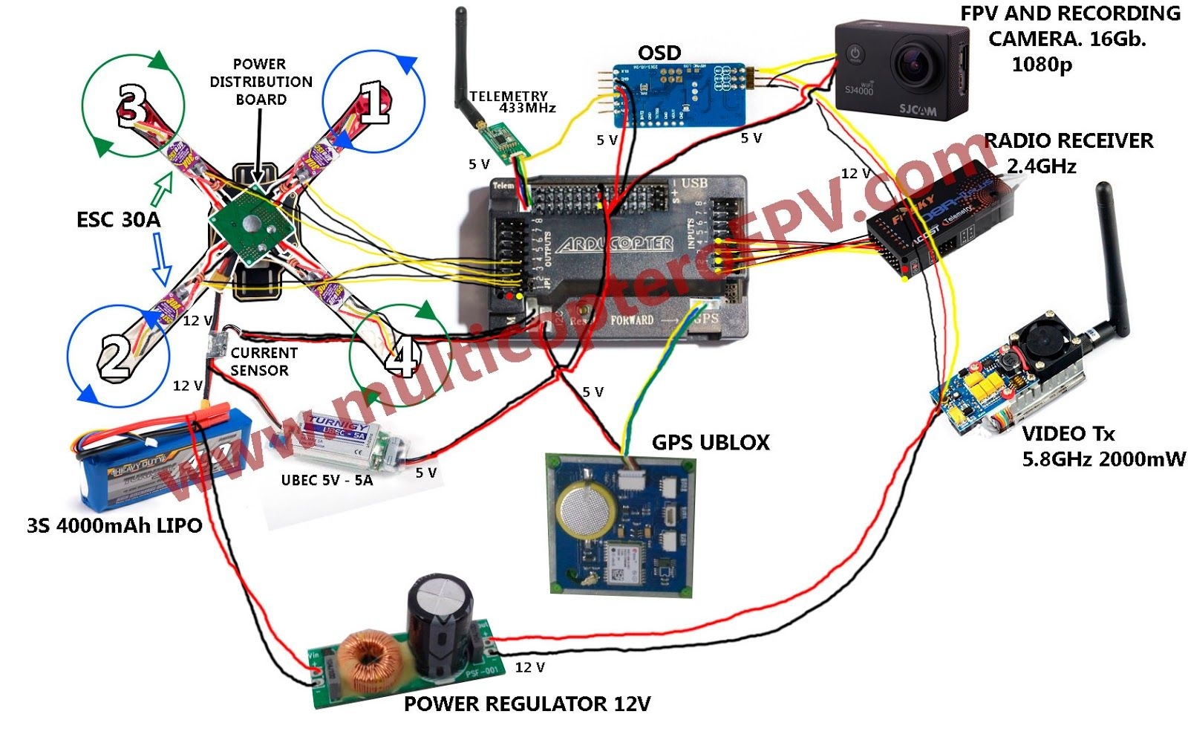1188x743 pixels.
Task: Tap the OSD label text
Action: point(659,53)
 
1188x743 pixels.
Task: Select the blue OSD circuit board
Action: point(679,95)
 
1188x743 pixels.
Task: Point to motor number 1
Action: point(373,102)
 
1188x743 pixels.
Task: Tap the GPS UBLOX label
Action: point(711,443)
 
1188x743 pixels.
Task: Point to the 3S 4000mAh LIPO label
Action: point(114,526)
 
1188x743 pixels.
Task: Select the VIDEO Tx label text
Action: point(1068,434)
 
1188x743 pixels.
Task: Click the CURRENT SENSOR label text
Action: point(264,362)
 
